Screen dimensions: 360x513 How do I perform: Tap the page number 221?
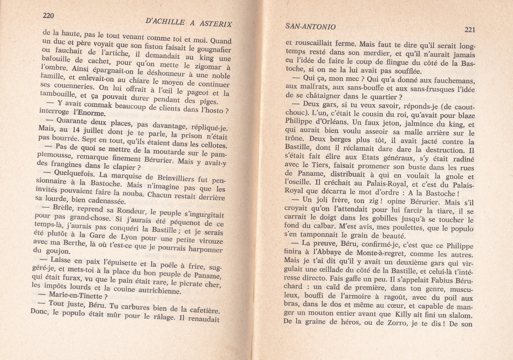(x=469, y=29)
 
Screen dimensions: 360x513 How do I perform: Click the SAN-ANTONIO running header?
(x=311, y=26)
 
